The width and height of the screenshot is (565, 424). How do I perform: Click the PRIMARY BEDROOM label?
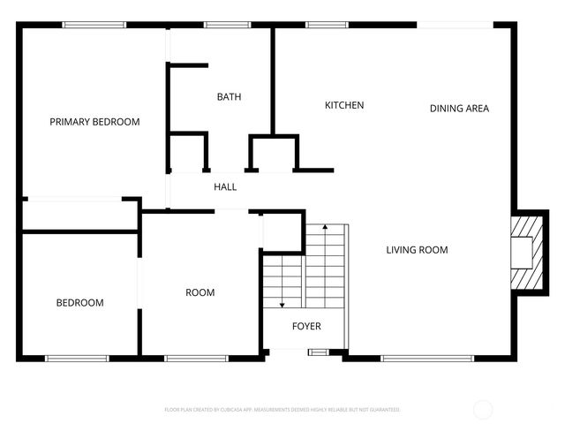pos(94,122)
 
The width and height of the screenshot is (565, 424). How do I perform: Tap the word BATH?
pos(229,97)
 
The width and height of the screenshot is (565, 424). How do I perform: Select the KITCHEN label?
pos(344,105)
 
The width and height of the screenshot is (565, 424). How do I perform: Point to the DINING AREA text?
pos(459,109)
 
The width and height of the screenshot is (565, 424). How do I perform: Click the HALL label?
pos(225,187)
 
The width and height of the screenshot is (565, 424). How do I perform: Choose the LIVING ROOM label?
pos(417,250)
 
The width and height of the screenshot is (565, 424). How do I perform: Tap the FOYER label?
pos(306,326)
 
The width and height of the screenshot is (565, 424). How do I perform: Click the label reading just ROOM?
pos(200,292)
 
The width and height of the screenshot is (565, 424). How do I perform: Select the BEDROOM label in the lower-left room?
pos(79,303)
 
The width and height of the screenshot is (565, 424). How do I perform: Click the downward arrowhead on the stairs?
pos(282,304)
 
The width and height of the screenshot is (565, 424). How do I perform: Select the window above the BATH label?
pos(221,26)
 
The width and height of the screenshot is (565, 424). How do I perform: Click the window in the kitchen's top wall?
pos(326,26)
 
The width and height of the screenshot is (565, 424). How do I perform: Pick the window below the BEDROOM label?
pos(76,358)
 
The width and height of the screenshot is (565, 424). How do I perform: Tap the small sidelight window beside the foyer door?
pos(317,352)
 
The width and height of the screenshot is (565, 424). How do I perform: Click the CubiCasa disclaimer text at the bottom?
pos(282,410)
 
